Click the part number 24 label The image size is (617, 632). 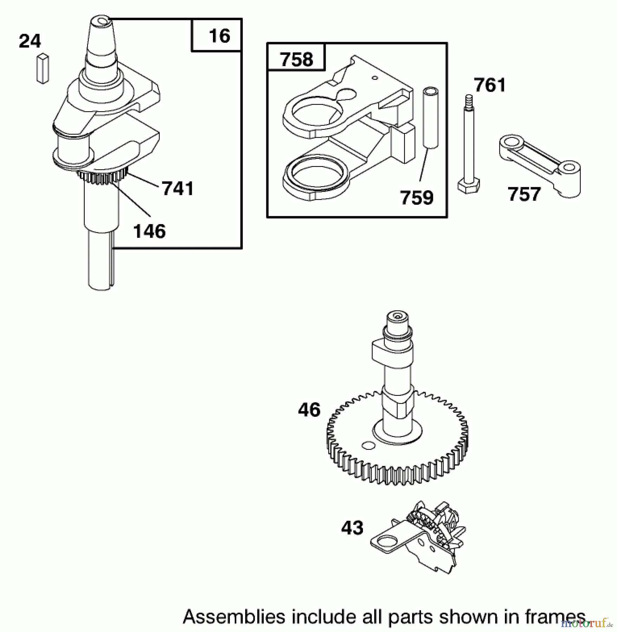click(30, 41)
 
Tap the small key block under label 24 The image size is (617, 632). click(43, 69)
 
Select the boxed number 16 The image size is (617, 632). click(219, 36)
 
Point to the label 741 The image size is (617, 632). click(178, 189)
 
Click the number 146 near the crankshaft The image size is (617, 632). click(149, 232)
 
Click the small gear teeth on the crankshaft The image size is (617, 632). click(102, 177)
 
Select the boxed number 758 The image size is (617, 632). click(296, 59)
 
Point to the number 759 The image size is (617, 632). click(417, 198)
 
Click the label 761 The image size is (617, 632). click(490, 85)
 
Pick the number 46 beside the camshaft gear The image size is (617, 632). click(309, 410)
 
